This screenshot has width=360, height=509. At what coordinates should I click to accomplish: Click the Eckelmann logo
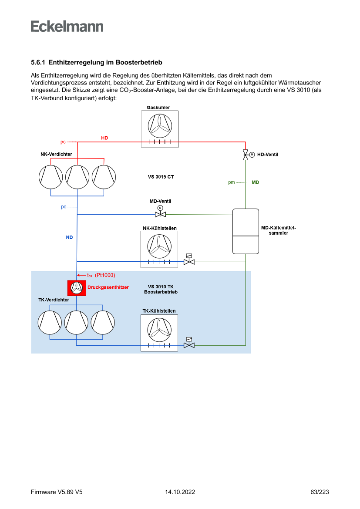[67, 26]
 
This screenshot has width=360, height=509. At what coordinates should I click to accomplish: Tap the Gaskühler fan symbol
[159, 125]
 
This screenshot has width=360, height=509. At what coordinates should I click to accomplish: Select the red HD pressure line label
[104, 138]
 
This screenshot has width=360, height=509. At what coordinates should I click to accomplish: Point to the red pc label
[63, 142]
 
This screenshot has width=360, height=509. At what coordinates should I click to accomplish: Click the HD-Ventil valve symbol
[246, 155]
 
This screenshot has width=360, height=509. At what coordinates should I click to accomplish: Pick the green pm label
[232, 182]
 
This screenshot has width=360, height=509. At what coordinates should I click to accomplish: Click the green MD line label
[256, 182]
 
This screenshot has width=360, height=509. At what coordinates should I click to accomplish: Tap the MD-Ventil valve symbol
[160, 214]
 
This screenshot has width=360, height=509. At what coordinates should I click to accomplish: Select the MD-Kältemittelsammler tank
[246, 231]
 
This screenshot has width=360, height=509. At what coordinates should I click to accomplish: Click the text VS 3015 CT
[161, 177]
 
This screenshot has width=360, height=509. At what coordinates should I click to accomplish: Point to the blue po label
[64, 207]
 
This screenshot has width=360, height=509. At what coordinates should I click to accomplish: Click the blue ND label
[69, 238]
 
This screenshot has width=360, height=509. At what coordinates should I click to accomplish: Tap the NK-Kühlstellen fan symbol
[159, 246]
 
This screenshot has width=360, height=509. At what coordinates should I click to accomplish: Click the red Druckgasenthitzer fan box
[77, 288]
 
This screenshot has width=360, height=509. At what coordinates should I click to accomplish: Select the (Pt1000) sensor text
[105, 275]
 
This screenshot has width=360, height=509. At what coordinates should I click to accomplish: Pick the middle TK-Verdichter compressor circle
[77, 322]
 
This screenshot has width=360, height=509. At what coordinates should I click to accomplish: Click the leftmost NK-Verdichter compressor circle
[51, 177]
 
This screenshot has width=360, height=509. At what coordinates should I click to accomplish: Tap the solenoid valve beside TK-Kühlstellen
[189, 345]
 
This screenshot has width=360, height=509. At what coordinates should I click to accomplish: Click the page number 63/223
[320, 492]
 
